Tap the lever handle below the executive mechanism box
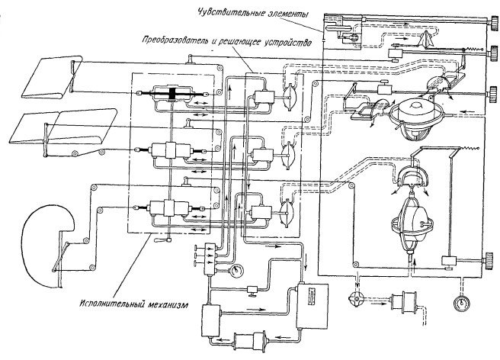tap(161, 241)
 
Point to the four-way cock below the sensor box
tap(356, 294)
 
